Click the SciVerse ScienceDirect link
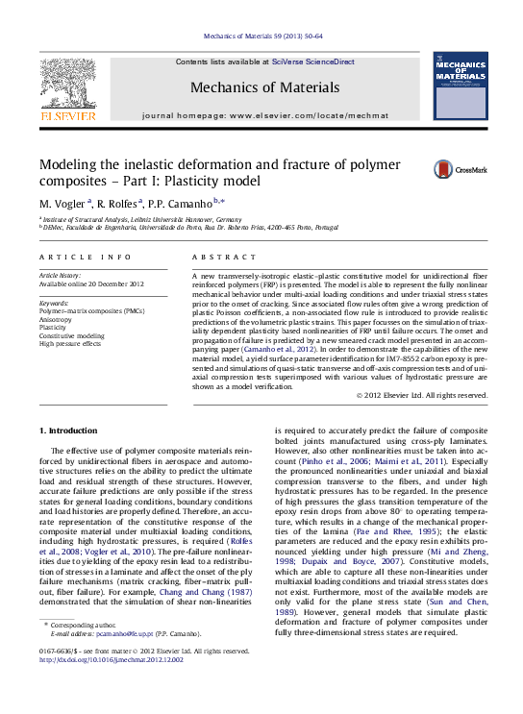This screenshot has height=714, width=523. click(312, 62)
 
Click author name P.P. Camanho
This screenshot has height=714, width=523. click(184, 204)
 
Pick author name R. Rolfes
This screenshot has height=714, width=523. click(119, 204)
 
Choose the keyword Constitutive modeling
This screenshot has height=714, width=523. click(71, 335)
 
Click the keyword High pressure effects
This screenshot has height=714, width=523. click(69, 343)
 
